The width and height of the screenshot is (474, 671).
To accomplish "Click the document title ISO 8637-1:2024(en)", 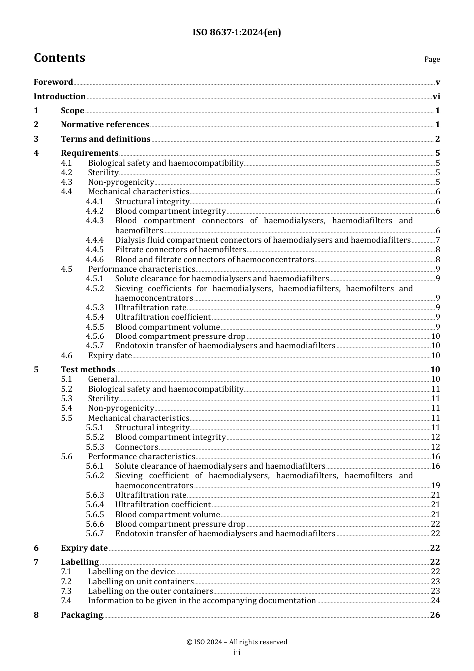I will tap(237, 32).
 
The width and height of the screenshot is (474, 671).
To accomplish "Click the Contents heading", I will tap(59, 58).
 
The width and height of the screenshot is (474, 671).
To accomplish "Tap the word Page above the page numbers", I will tap(432, 59).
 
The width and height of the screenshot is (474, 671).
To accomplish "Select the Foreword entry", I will tap(53, 82).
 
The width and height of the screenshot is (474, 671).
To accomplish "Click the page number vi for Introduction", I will tap(436, 97).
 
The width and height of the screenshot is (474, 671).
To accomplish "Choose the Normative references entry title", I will tap(105, 125).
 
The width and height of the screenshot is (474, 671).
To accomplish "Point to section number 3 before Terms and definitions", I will tap(36, 139).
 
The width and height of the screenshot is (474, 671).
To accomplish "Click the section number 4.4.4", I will tap(95, 240).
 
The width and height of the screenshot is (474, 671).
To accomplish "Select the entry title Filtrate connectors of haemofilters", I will tap(181, 250).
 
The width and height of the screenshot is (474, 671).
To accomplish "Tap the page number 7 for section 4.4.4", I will tap(438, 240).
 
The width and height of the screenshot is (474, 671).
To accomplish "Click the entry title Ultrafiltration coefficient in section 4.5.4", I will tap(163, 317).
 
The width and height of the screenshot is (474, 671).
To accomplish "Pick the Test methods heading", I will tap(88, 370).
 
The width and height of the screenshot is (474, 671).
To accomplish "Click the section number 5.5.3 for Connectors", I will tap(95, 447).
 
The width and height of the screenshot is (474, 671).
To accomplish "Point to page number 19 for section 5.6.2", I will tap(435, 486).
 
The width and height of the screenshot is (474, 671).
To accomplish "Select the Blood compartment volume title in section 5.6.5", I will tap(167, 515).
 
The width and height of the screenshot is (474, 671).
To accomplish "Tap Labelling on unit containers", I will tap(141, 582).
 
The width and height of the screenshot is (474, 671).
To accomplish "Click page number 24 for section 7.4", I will tap(435, 601).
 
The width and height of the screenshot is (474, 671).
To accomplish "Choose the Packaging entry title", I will tap(82, 615).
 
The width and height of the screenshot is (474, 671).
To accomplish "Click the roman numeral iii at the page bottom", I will tap(237, 653).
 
